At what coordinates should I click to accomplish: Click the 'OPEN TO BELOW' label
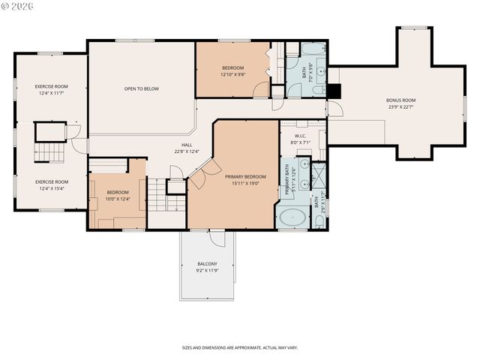[141, 89]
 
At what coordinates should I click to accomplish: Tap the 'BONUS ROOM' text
[400, 100]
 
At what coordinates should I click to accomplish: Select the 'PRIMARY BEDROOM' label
[245, 176]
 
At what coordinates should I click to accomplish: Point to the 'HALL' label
[187, 145]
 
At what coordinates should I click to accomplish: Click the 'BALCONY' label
[207, 263]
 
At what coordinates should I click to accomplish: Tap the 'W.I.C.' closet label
[300, 135]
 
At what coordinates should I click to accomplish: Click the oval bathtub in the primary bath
[292, 218]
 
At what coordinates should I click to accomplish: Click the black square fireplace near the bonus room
[334, 91]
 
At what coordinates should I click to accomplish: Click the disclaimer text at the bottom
[239, 347]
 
